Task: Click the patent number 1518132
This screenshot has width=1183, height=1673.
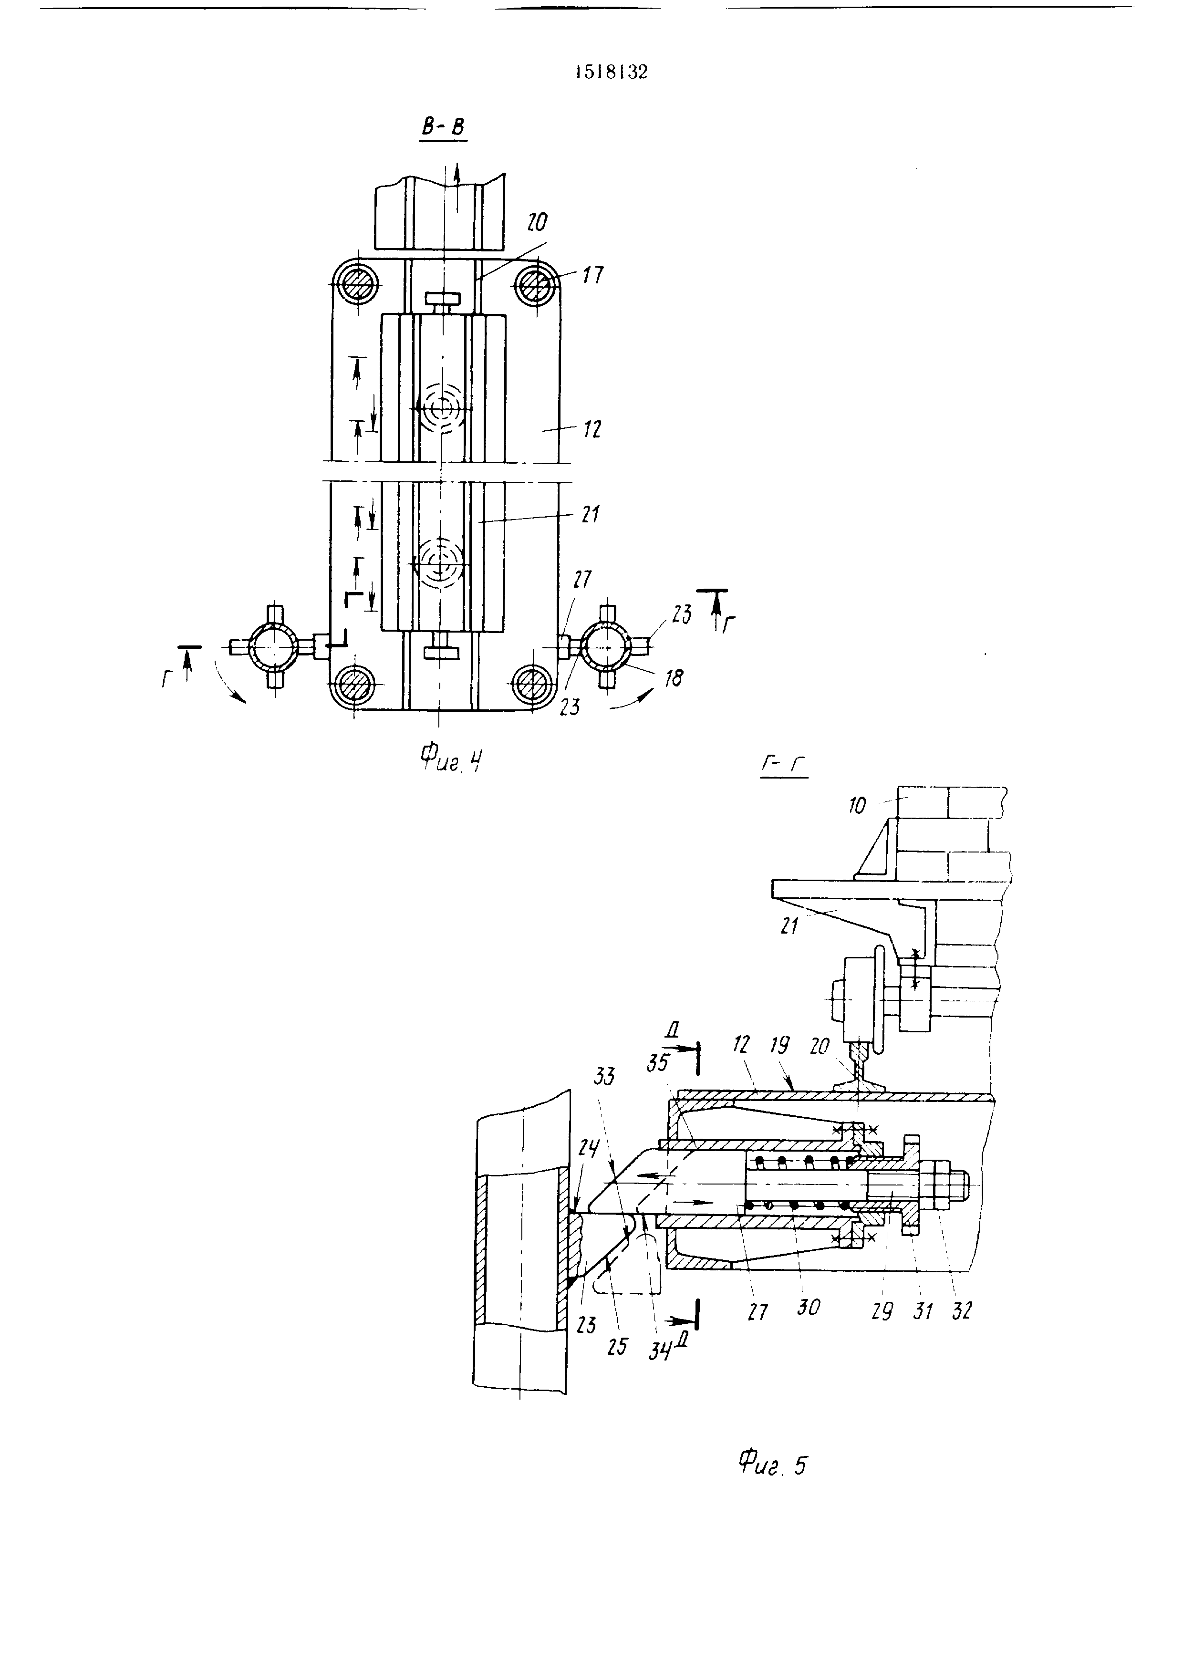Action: (x=611, y=72)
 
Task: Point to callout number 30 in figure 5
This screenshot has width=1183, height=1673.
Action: (x=808, y=1307)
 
